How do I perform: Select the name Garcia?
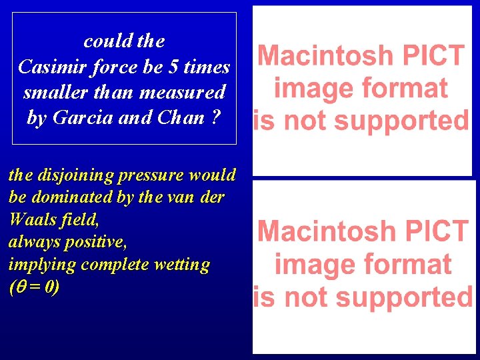coord(79,118)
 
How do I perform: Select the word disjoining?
coord(73,175)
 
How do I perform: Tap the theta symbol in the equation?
coord(19,288)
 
